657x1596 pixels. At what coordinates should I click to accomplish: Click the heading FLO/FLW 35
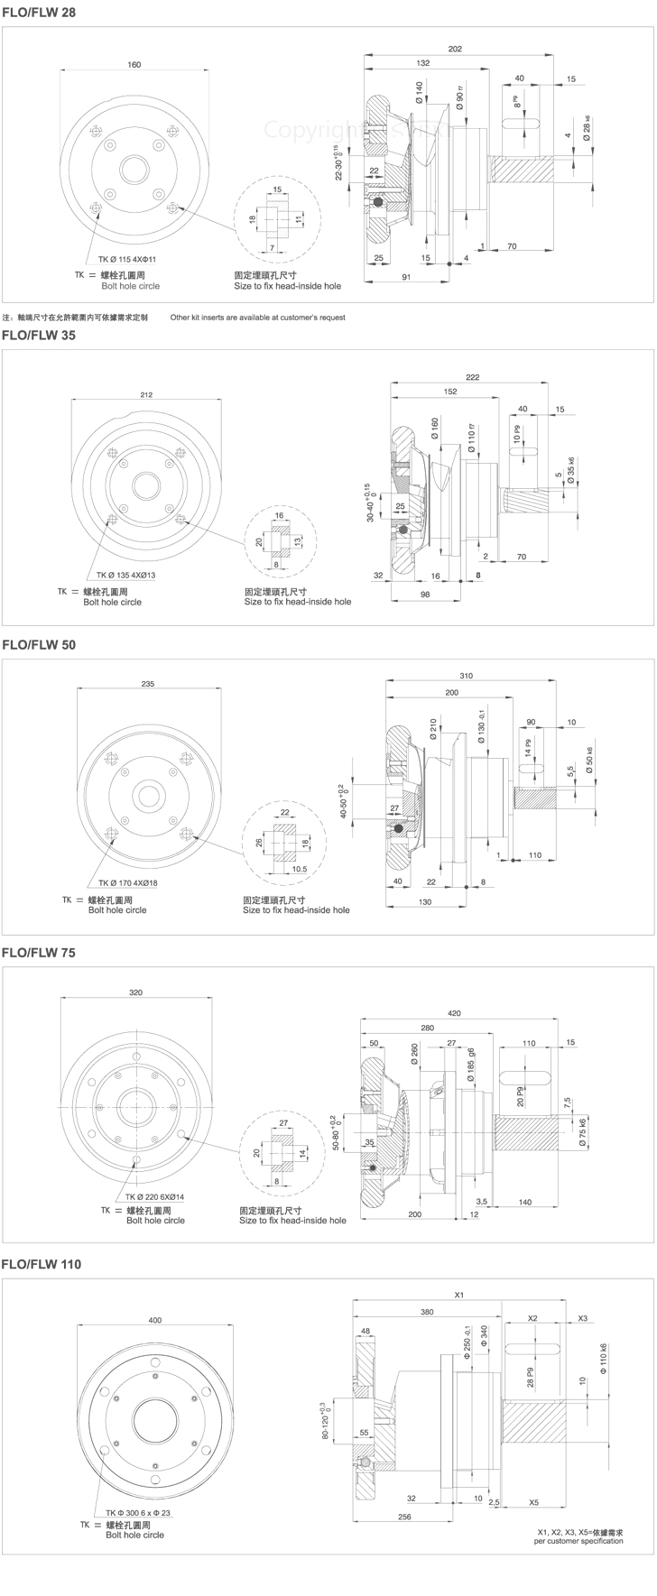[39, 335]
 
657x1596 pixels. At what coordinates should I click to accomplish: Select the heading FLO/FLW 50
[39, 646]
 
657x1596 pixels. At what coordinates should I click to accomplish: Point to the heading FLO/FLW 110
[42, 1265]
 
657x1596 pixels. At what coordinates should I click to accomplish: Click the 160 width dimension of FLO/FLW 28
[134, 65]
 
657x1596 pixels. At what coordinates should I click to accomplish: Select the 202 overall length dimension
[454, 49]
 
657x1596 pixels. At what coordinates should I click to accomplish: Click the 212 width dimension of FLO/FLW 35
[147, 394]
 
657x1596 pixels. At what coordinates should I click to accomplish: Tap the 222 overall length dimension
[473, 377]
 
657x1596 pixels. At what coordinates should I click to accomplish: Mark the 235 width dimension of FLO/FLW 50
[148, 684]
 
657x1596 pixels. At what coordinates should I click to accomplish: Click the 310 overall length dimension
[467, 676]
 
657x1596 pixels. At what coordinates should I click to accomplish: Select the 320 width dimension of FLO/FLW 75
[135, 992]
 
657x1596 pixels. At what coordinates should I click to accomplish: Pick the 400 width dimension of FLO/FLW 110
[155, 1321]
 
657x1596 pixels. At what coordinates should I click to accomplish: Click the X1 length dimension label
[458, 1295]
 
